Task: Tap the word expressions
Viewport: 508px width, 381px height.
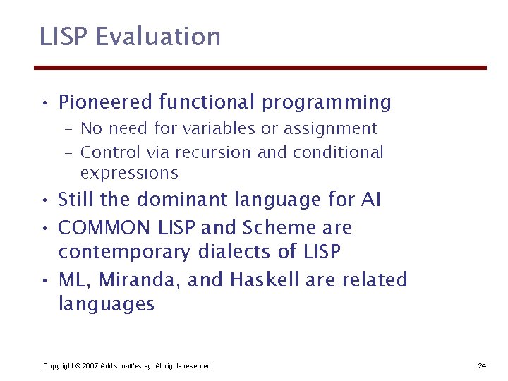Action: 129,173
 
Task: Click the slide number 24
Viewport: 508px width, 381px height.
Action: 482,365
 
